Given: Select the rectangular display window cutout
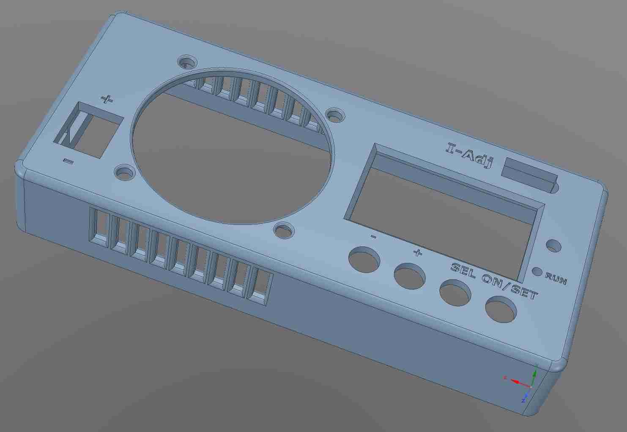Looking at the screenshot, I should point(444,211).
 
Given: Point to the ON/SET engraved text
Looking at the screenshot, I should point(510,286).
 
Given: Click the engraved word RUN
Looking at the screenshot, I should point(556,279).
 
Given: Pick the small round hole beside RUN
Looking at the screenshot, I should point(537,272).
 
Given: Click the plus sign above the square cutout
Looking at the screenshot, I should point(107,99).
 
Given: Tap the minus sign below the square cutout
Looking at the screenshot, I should point(68,161).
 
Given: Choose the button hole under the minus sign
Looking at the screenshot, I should point(364,260).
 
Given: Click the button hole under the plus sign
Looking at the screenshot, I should point(409,276).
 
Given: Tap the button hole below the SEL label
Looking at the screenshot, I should point(455,293).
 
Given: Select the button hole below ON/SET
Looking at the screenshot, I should point(501,310).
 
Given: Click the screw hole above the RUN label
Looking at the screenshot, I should point(553,246).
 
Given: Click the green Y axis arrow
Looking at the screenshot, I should point(534,375).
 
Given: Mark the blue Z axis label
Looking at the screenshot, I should point(523,400).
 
